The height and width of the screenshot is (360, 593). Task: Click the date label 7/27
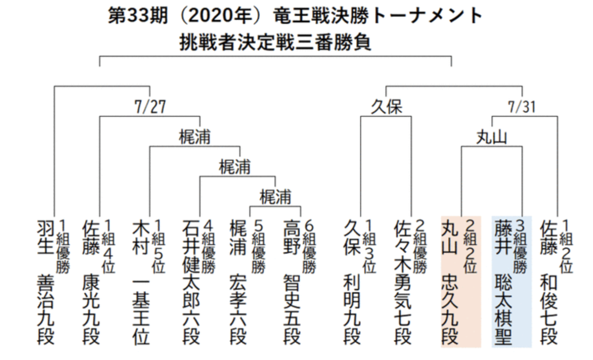click(x=150, y=107)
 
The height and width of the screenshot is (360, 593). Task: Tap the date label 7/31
click(x=521, y=107)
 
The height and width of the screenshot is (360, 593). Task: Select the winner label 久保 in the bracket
click(x=386, y=107)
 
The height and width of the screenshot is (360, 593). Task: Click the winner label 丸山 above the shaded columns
click(x=492, y=137)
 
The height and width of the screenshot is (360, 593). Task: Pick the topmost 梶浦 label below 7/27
click(x=195, y=136)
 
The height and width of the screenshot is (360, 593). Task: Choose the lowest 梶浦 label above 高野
click(x=275, y=197)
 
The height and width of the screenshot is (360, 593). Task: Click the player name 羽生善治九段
click(x=46, y=282)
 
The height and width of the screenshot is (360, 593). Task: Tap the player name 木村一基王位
click(x=141, y=282)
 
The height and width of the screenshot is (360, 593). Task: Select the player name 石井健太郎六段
click(x=191, y=282)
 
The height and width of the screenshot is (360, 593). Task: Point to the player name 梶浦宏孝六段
click(x=238, y=282)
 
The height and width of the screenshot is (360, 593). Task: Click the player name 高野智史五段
click(x=292, y=282)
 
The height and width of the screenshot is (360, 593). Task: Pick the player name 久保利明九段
click(x=352, y=282)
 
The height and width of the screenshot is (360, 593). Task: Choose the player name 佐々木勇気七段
click(x=403, y=282)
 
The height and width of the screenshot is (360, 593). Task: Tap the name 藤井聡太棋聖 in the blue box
click(x=503, y=282)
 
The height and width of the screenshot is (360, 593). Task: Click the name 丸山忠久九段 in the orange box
click(x=450, y=282)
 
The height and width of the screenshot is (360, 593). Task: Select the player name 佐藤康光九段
click(x=91, y=282)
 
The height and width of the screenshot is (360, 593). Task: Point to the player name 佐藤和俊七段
click(x=549, y=282)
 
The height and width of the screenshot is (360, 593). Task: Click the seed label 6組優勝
click(x=309, y=246)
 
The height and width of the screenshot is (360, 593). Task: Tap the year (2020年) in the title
click(x=224, y=16)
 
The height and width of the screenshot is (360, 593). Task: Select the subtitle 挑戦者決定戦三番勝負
click(x=275, y=43)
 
